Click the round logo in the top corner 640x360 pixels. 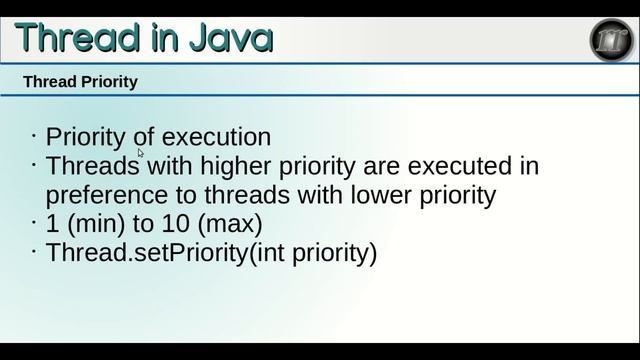pos(610,40)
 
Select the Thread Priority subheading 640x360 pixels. pos(80,82)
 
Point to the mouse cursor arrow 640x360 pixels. pos(141,153)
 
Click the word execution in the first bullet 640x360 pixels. pos(216,137)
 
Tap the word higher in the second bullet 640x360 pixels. pos(239,165)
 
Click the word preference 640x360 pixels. pos(106,194)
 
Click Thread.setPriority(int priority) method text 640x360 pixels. pos(211,252)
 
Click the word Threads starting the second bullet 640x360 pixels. pos(93,165)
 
